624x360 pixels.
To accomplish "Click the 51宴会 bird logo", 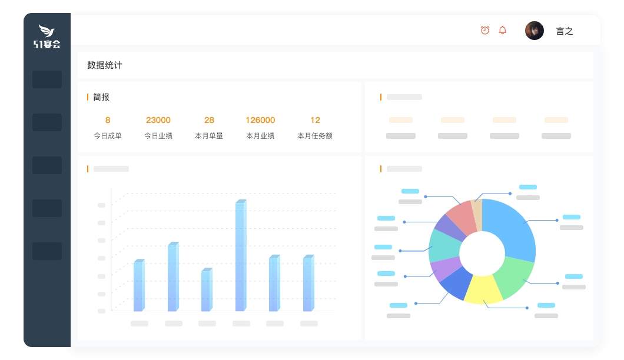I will (x=47, y=36).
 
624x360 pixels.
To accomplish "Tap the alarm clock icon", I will (x=485, y=30).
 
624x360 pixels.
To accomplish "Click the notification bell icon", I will (x=502, y=30).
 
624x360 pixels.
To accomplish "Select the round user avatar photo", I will (x=535, y=31).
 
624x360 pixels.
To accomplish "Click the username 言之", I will (x=565, y=31).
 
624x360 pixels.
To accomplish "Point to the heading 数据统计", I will (x=105, y=65).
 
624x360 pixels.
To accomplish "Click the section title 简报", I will (x=101, y=97).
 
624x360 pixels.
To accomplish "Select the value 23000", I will (x=158, y=120).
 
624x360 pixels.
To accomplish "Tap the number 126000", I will (x=260, y=120).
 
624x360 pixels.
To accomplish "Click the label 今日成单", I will (x=108, y=136).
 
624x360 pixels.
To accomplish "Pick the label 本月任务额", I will (x=315, y=136).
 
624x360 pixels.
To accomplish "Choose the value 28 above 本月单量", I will (x=209, y=120).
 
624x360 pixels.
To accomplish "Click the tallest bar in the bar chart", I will (x=240, y=256).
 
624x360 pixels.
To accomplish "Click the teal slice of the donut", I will (x=443, y=244).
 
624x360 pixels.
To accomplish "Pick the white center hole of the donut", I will (x=482, y=252).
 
